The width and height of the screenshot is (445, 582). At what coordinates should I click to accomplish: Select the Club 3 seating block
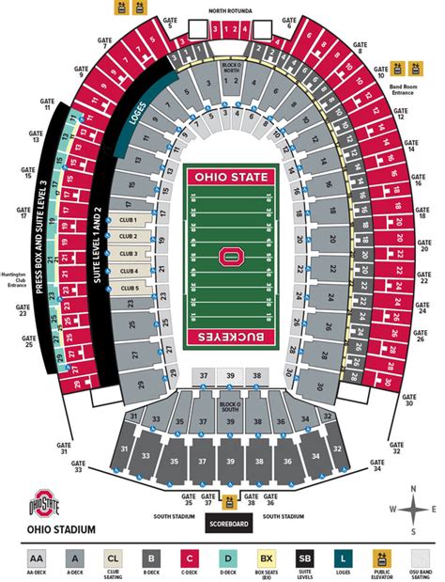click(129, 253)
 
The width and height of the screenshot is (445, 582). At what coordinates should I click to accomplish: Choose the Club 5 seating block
click(129, 288)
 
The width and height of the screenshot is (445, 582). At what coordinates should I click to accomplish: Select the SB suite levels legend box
click(303, 558)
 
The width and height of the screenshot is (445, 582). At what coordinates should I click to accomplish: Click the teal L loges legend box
click(342, 558)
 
